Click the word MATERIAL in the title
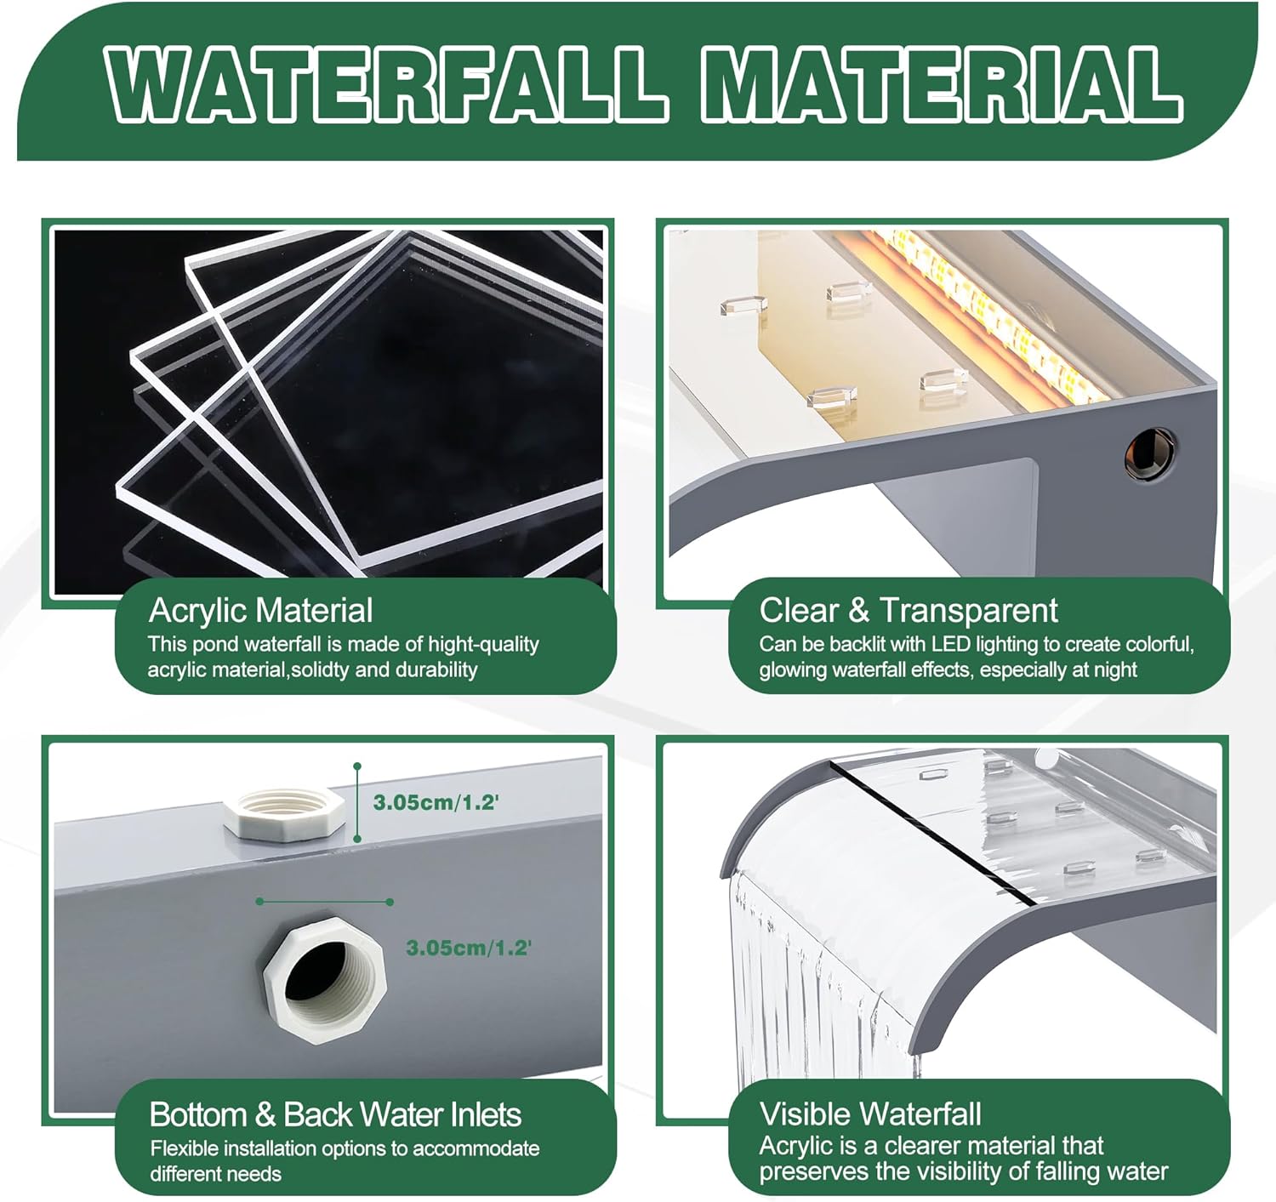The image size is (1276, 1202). (x=941, y=83)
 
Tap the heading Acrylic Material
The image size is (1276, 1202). (x=260, y=611)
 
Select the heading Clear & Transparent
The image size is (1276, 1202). (x=908, y=611)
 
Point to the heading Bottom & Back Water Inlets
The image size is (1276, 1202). (x=335, y=1114)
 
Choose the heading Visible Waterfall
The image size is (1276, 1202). (x=870, y=1114)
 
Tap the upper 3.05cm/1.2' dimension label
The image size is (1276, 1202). (x=436, y=802)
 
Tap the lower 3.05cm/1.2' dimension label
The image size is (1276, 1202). (x=468, y=948)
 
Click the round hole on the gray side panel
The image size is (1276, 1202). (x=1151, y=453)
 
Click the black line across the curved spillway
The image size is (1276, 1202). (x=936, y=829)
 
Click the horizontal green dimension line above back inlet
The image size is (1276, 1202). (x=324, y=902)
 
